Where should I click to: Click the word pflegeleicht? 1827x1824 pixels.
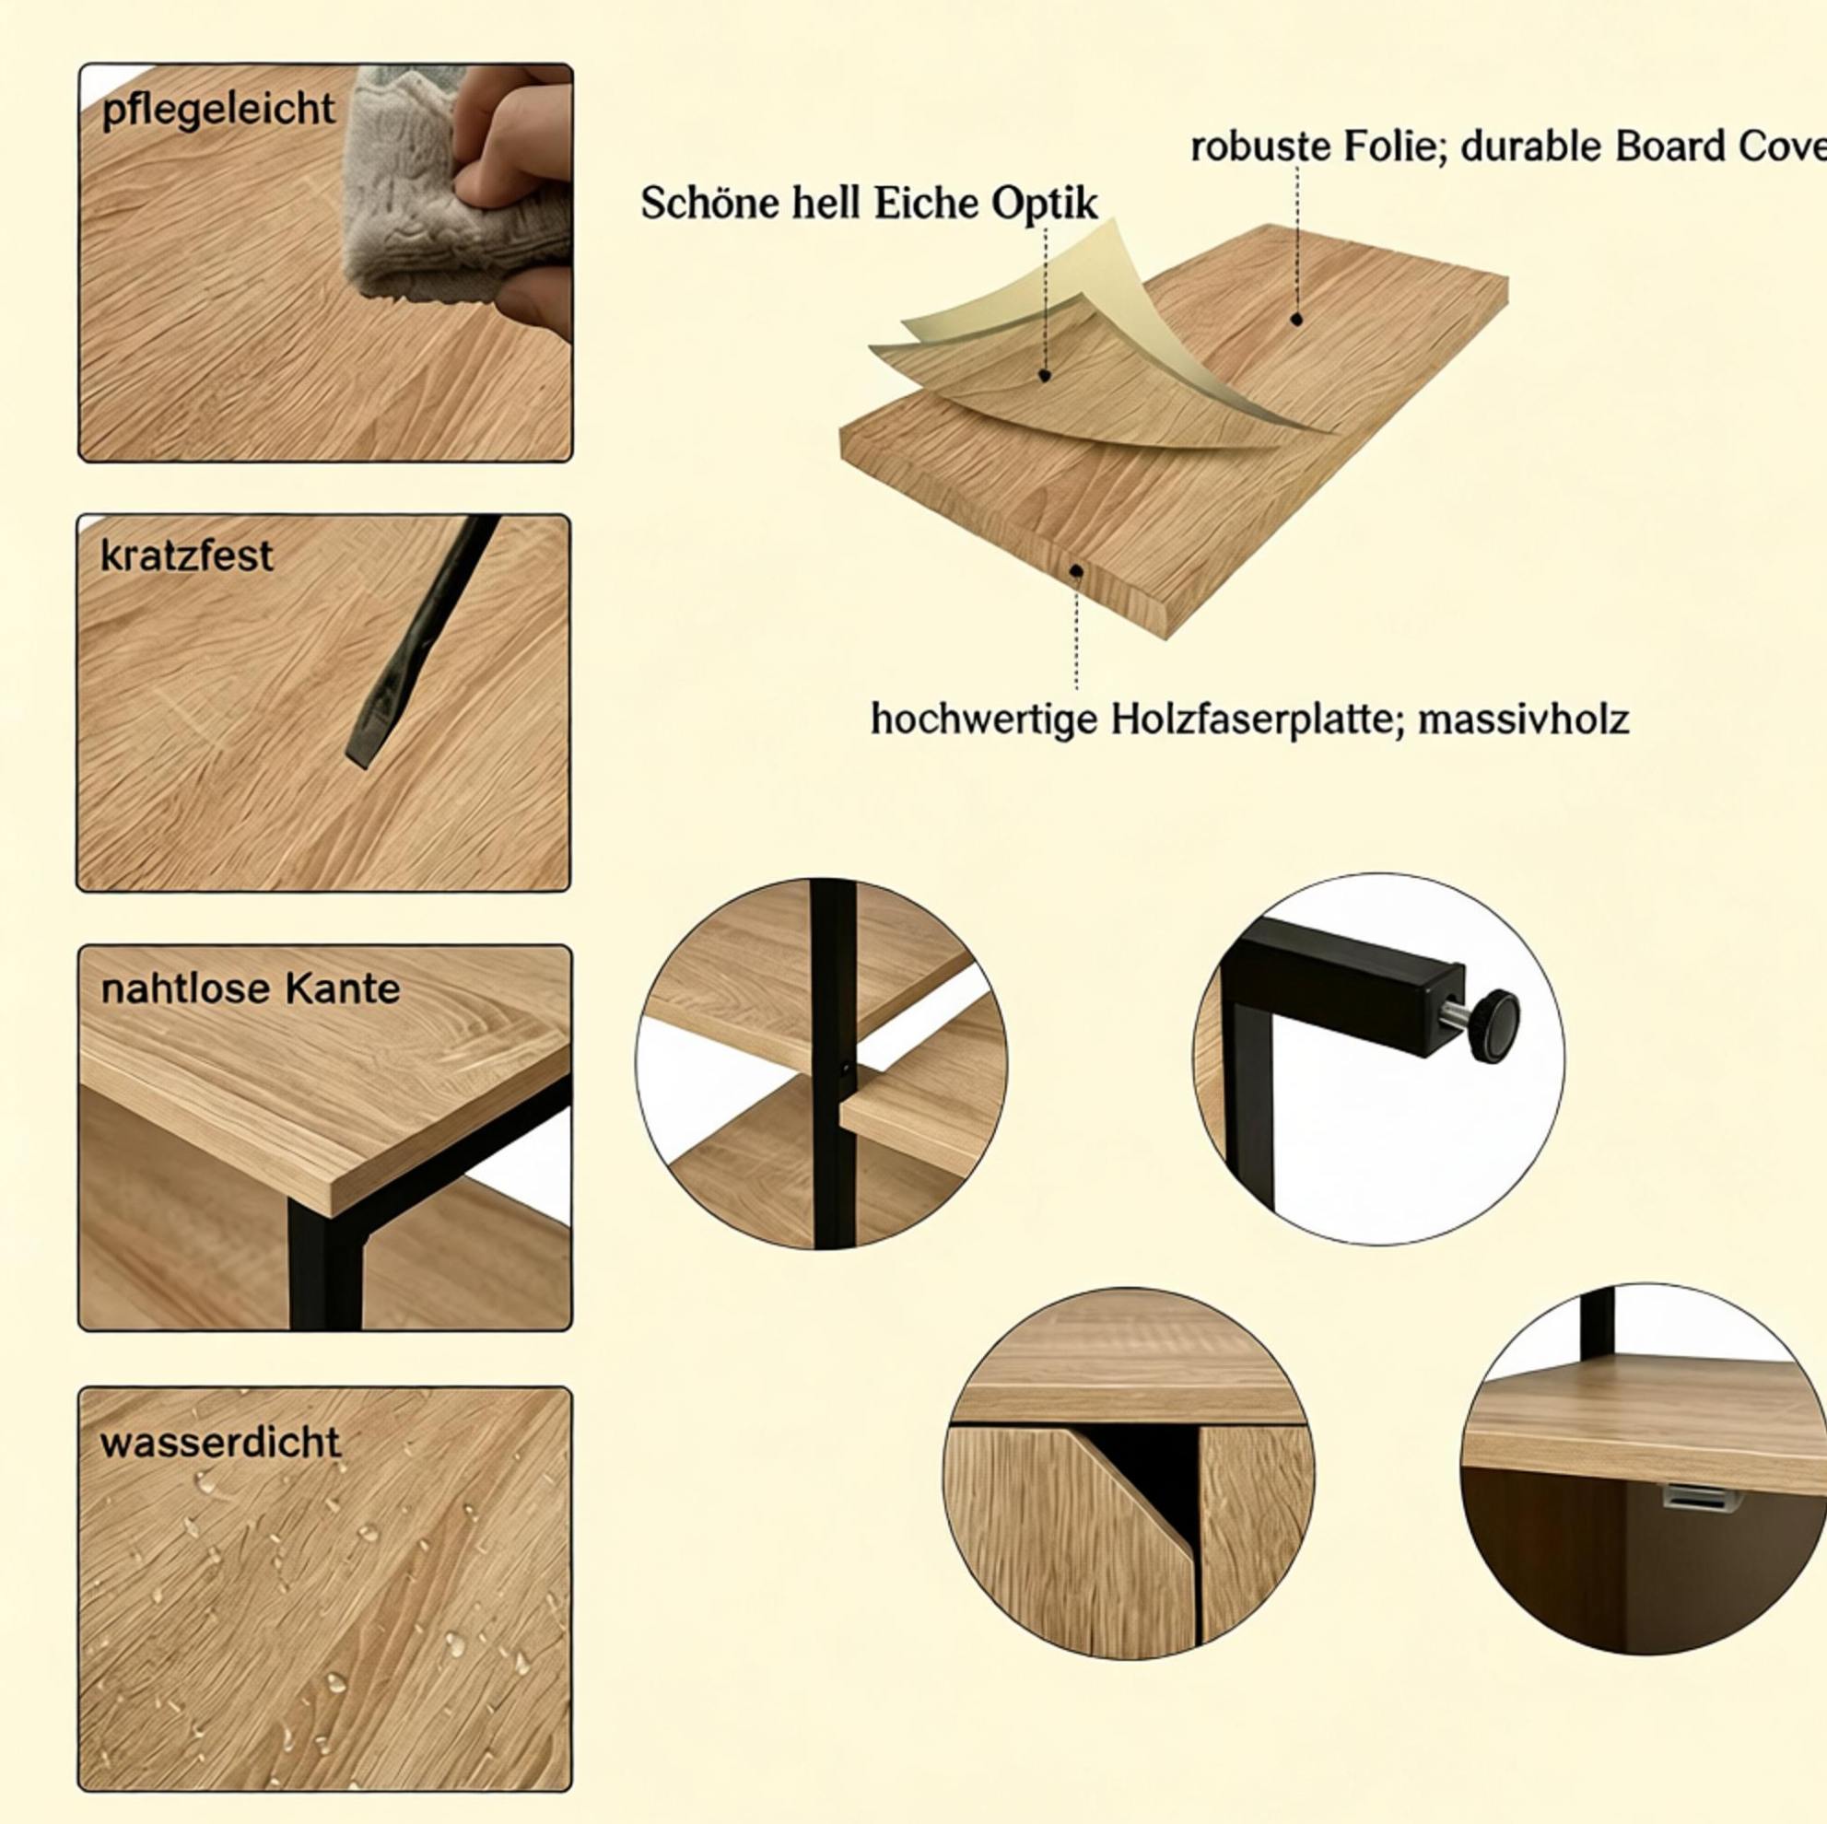(x=218, y=110)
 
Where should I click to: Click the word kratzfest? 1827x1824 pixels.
(x=186, y=556)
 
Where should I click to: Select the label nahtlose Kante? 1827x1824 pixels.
(x=251, y=989)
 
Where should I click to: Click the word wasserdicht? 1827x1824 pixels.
(x=220, y=1443)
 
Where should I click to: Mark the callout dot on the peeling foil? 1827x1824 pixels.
(x=1045, y=375)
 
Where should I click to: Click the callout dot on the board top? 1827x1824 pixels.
(x=1296, y=320)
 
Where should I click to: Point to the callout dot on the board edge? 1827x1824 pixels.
(x=1075, y=570)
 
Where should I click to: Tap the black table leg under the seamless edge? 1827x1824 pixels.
(x=326, y=1267)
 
